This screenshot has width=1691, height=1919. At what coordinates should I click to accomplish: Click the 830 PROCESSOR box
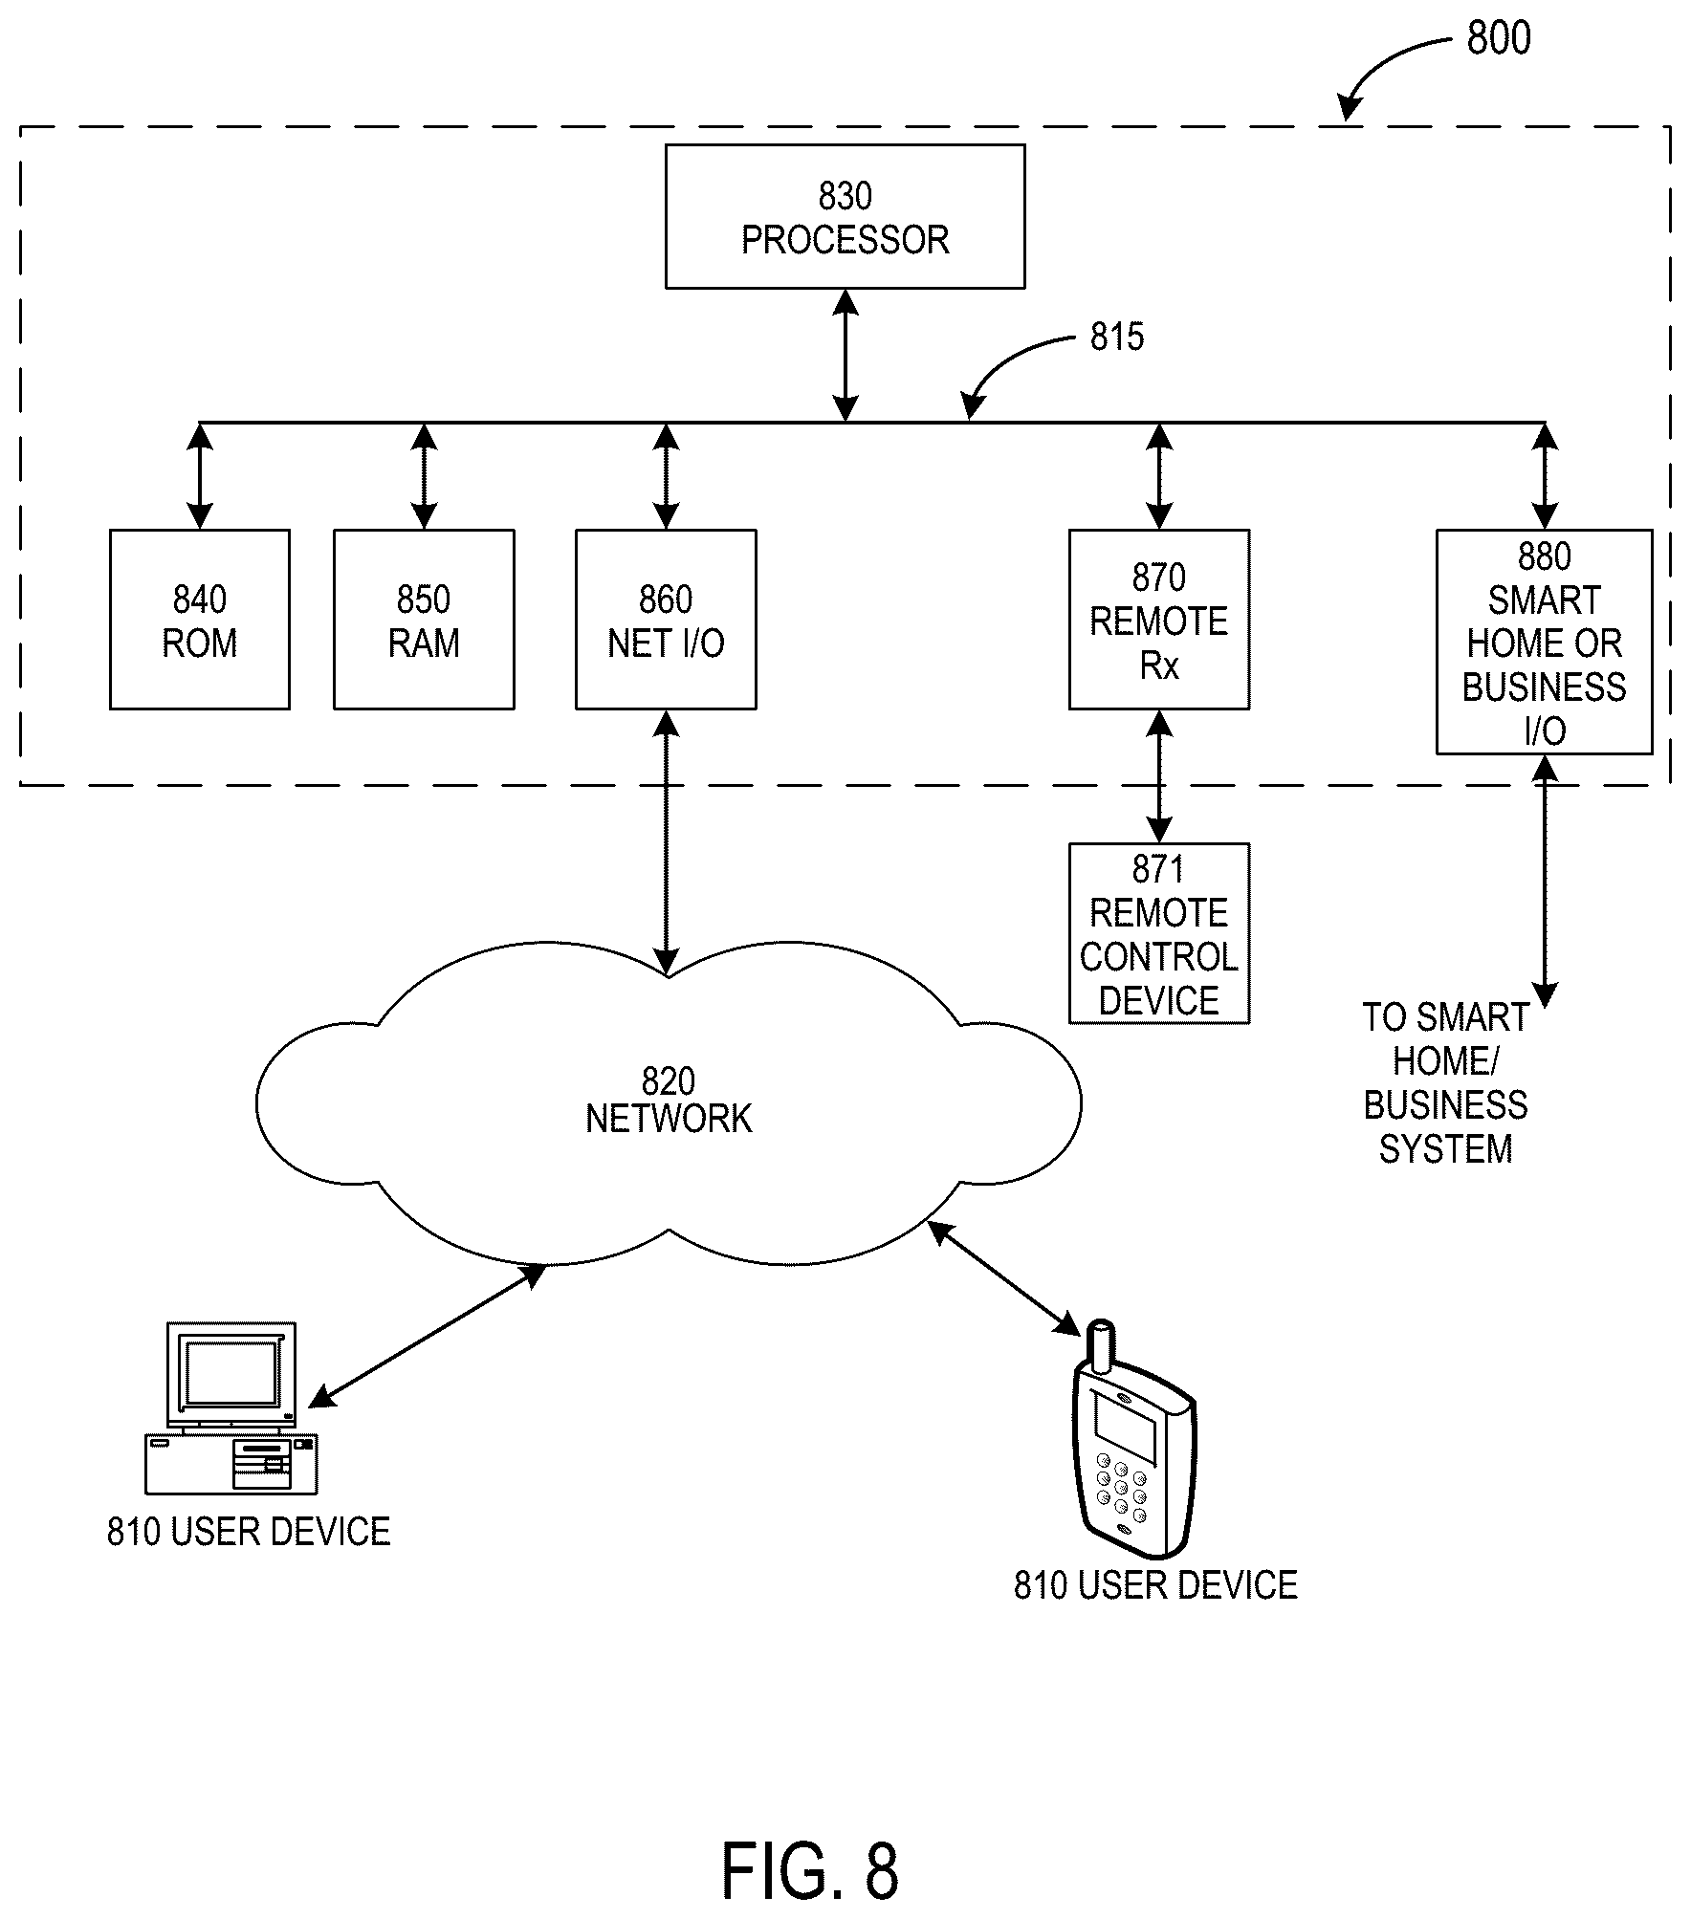click(x=845, y=216)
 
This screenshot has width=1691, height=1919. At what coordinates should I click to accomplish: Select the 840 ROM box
click(x=200, y=620)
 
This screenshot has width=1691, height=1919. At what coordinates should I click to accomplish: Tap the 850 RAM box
click(x=424, y=620)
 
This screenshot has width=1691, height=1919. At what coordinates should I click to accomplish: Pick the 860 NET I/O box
click(x=666, y=620)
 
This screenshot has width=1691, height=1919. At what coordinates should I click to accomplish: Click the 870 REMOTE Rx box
click(x=1159, y=620)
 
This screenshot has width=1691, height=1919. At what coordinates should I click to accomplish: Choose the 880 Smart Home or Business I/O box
click(x=1545, y=642)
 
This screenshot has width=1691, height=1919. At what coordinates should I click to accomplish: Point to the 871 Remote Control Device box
click(x=1159, y=933)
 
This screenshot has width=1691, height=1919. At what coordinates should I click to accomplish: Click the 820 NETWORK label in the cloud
click(x=669, y=1100)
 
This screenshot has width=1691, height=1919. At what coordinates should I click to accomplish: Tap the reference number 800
click(x=1499, y=38)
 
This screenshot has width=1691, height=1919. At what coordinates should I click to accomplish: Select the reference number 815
click(x=1117, y=337)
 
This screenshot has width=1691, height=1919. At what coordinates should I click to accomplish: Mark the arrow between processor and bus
click(x=845, y=355)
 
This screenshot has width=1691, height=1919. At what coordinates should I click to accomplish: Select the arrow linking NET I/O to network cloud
click(x=666, y=842)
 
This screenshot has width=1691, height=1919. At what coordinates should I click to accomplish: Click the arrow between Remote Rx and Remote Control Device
click(x=1159, y=776)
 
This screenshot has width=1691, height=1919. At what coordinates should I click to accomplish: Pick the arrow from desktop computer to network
click(x=427, y=1336)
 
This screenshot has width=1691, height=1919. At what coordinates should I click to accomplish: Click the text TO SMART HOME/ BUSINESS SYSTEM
click(x=1445, y=1083)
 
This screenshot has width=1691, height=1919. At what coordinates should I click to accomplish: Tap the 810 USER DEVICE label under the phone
click(x=1155, y=1585)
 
